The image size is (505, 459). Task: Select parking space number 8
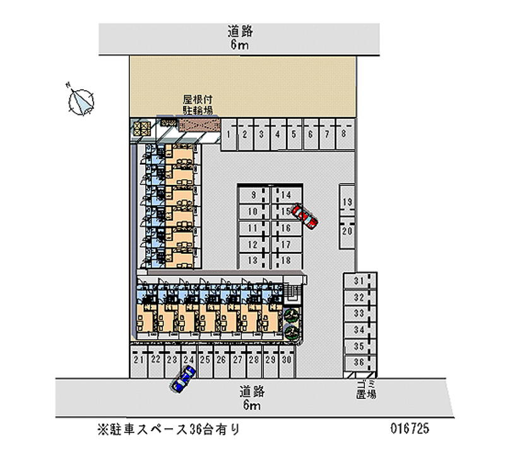(343, 134)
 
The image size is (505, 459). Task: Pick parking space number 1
(228, 134)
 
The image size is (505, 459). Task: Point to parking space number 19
(347, 203)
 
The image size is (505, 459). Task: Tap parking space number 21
(139, 359)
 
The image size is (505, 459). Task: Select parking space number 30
(286, 359)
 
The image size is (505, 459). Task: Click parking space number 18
(285, 260)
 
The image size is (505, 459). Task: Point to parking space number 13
(253, 260)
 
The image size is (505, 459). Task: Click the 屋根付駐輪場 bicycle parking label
(198, 105)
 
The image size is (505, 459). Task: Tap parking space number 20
(347, 230)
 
